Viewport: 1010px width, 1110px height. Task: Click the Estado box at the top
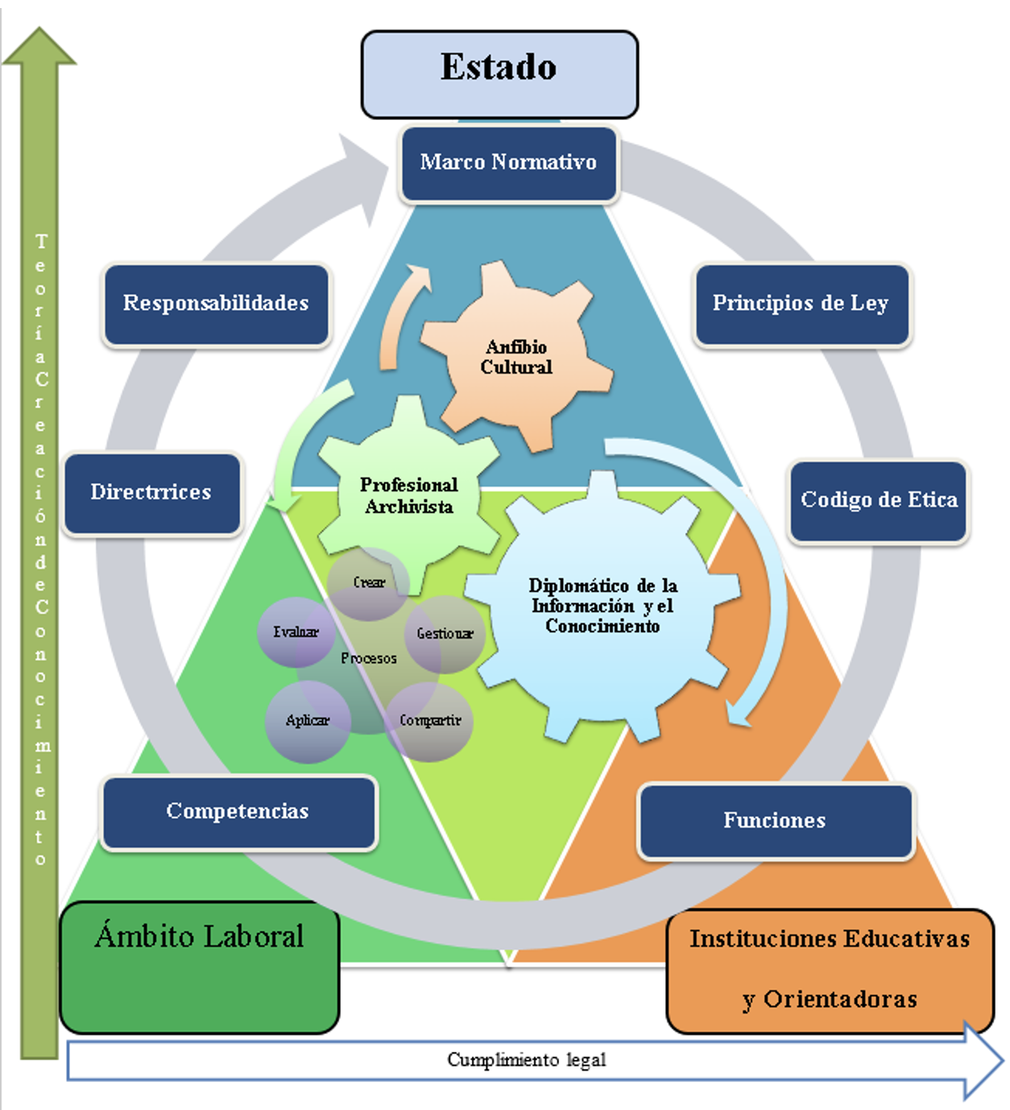point(499,75)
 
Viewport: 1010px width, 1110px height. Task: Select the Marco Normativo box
point(508,164)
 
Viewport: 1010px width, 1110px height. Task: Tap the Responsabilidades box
point(216,305)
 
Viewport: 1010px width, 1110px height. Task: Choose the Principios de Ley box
point(802,305)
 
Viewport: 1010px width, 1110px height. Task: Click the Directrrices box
point(152,494)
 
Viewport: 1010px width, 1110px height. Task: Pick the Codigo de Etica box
point(878,501)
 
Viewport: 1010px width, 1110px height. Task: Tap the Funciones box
point(776,821)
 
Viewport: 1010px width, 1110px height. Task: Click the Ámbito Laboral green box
point(199,967)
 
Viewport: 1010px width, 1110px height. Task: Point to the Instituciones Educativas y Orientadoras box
point(830,971)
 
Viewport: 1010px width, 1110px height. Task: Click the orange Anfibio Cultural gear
point(516,357)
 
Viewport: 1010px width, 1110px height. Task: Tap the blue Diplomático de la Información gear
point(602,607)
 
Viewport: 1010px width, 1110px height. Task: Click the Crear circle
point(369,582)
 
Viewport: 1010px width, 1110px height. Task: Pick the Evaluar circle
point(296,632)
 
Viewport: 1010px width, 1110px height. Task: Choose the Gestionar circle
point(445,634)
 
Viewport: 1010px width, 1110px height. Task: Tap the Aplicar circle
point(308,722)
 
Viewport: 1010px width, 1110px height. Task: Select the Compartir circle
point(429,722)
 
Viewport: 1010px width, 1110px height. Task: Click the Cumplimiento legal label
point(526,1059)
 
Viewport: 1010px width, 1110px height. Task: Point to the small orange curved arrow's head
point(420,277)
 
